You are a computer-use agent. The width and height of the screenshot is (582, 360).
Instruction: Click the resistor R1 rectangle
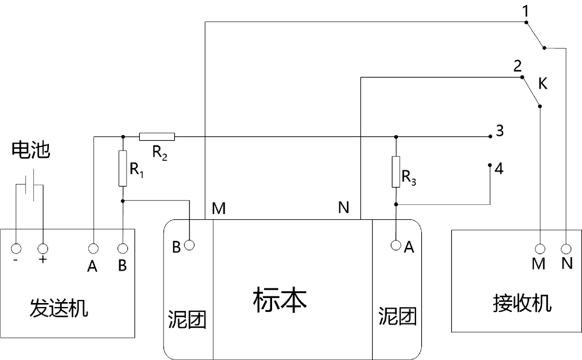[123, 168]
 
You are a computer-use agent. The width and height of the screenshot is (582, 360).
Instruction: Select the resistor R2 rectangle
[157, 137]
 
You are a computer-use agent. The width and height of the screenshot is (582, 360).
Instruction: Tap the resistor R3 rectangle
[396, 172]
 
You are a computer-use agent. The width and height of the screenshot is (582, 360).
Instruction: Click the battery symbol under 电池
[30, 185]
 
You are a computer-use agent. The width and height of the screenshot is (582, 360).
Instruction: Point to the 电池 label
[30, 150]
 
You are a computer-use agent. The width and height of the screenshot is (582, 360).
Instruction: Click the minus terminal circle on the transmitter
[16, 249]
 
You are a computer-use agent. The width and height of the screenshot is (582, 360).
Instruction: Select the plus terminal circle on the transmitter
[43, 249]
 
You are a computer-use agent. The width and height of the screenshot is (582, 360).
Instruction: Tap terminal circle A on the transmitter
[93, 249]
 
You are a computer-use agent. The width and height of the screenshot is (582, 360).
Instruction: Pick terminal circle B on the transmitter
[123, 249]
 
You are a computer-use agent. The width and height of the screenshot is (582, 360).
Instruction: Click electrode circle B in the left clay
[189, 245]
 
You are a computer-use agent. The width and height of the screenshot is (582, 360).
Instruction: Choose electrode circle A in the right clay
[396, 245]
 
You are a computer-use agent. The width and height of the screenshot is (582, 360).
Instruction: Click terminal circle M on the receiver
[540, 249]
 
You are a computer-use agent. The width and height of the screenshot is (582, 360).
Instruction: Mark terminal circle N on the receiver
[566, 249]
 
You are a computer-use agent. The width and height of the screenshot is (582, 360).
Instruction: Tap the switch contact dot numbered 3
[490, 136]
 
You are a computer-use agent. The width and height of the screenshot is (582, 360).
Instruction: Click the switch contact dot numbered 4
[490, 165]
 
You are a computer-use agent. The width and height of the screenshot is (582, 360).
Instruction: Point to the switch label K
[543, 83]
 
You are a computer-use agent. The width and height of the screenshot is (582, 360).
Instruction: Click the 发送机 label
[59, 308]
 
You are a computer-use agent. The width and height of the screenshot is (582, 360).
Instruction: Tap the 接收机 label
[522, 303]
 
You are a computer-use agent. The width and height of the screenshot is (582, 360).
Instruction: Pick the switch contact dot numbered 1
[526, 22]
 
